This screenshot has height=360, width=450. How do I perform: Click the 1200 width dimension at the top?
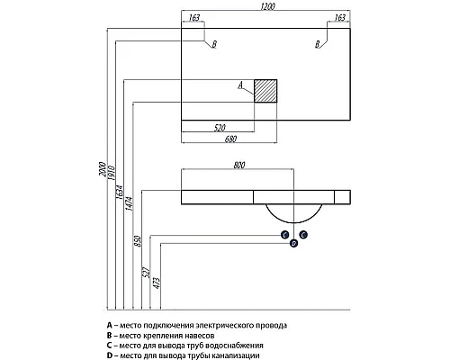coord(268,6)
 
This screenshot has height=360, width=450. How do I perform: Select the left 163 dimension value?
coord(194,18)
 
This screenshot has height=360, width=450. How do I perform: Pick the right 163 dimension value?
coord(340,18)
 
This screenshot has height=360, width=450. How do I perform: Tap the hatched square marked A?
coord(265,91)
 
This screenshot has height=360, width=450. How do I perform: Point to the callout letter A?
coord(240,85)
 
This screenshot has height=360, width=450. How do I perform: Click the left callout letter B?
coord(214,45)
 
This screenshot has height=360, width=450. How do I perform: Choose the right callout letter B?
coord(318,45)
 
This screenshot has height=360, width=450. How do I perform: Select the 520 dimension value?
coord(220,128)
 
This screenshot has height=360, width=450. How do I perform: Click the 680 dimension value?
coord(230,139)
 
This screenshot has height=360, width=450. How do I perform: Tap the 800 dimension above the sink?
coord(239,166)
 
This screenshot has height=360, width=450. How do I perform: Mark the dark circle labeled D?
coord(294,243)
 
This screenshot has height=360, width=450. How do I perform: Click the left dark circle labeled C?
coord(284,235)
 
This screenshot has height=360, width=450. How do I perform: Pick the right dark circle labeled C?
coord(303,235)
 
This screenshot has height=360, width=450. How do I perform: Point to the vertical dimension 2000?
coord(103,169)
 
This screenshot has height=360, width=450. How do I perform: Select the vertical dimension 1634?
coord(120,193)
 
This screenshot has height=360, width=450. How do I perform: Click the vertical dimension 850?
coord(137,241)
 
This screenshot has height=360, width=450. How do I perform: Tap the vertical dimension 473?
coord(157,283)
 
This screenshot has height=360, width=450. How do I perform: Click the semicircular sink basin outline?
coord(293,222)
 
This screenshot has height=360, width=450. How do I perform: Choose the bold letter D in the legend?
coord(110,355)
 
